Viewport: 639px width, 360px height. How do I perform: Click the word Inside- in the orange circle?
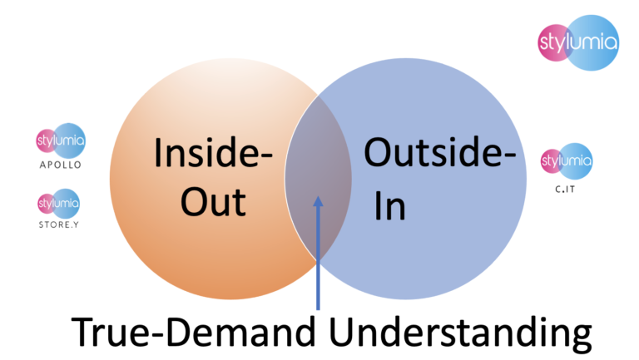click(x=215, y=156)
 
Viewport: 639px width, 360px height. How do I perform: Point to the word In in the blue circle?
click(x=389, y=206)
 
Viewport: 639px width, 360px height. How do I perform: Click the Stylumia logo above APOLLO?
click(x=61, y=141)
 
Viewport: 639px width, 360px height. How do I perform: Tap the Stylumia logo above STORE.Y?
click(x=59, y=202)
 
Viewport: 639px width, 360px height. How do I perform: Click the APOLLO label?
click(x=60, y=165)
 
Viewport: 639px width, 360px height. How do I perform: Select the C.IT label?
click(x=567, y=190)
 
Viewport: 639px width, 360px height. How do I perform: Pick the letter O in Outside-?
click(x=379, y=156)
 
